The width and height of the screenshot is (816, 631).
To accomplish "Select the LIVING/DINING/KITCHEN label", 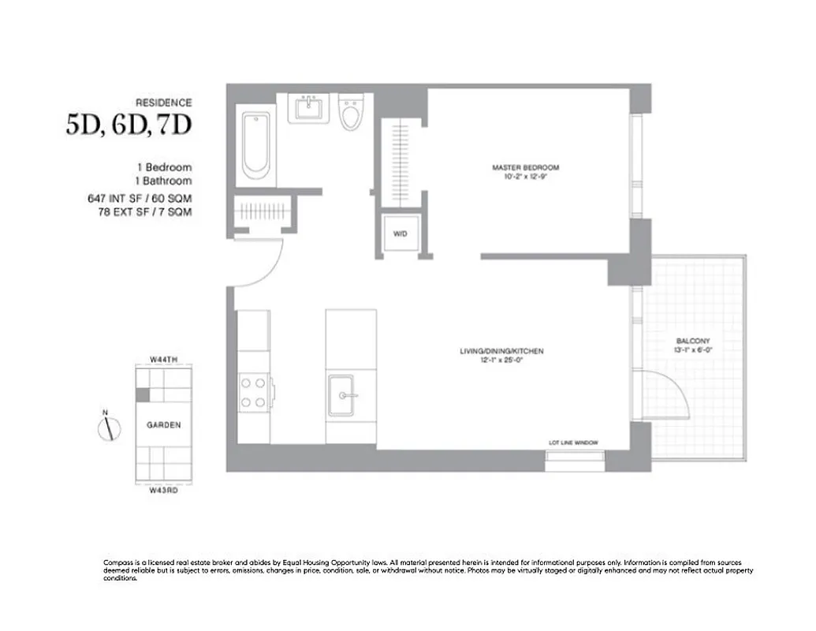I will pyautogui.click(x=502, y=351).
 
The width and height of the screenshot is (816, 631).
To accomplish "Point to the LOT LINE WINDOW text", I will pyautogui.click(x=575, y=443).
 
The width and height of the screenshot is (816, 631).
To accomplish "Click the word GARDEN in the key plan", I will pyautogui.click(x=163, y=425).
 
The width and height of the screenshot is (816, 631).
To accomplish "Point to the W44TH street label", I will pyautogui.click(x=164, y=360).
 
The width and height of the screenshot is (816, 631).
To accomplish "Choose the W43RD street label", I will pyautogui.click(x=164, y=489).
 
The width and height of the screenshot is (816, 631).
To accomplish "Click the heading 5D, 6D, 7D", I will pyautogui.click(x=129, y=125).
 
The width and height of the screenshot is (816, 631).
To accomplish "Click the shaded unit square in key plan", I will pyautogui.click(x=142, y=394).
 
